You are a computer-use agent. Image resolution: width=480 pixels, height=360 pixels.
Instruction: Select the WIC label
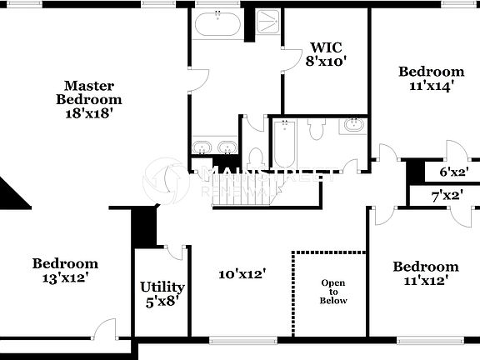point(324,47)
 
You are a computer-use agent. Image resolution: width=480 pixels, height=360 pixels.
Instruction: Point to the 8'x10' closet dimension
point(325,61)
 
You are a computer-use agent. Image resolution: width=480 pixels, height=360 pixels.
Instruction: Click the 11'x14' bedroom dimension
point(430,85)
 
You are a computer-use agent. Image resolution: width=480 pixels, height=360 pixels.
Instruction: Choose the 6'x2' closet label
point(453,172)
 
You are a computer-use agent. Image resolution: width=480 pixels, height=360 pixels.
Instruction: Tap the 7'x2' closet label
point(447,197)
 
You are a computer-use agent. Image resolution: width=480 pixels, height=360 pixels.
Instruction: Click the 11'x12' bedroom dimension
point(425,281)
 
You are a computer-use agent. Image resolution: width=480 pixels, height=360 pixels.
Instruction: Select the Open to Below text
point(333,292)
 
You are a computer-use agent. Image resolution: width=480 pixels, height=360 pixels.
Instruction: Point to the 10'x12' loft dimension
point(242,273)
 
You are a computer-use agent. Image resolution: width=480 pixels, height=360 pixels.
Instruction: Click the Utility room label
point(162,287)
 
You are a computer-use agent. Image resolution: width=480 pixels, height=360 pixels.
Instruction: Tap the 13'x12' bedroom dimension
point(65,277)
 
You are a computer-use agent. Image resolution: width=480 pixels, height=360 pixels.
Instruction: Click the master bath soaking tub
point(218,25)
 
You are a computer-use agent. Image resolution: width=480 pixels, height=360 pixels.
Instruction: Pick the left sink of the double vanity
point(201,147)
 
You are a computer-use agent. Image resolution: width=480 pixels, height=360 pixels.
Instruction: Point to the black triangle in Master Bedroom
point(12,195)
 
